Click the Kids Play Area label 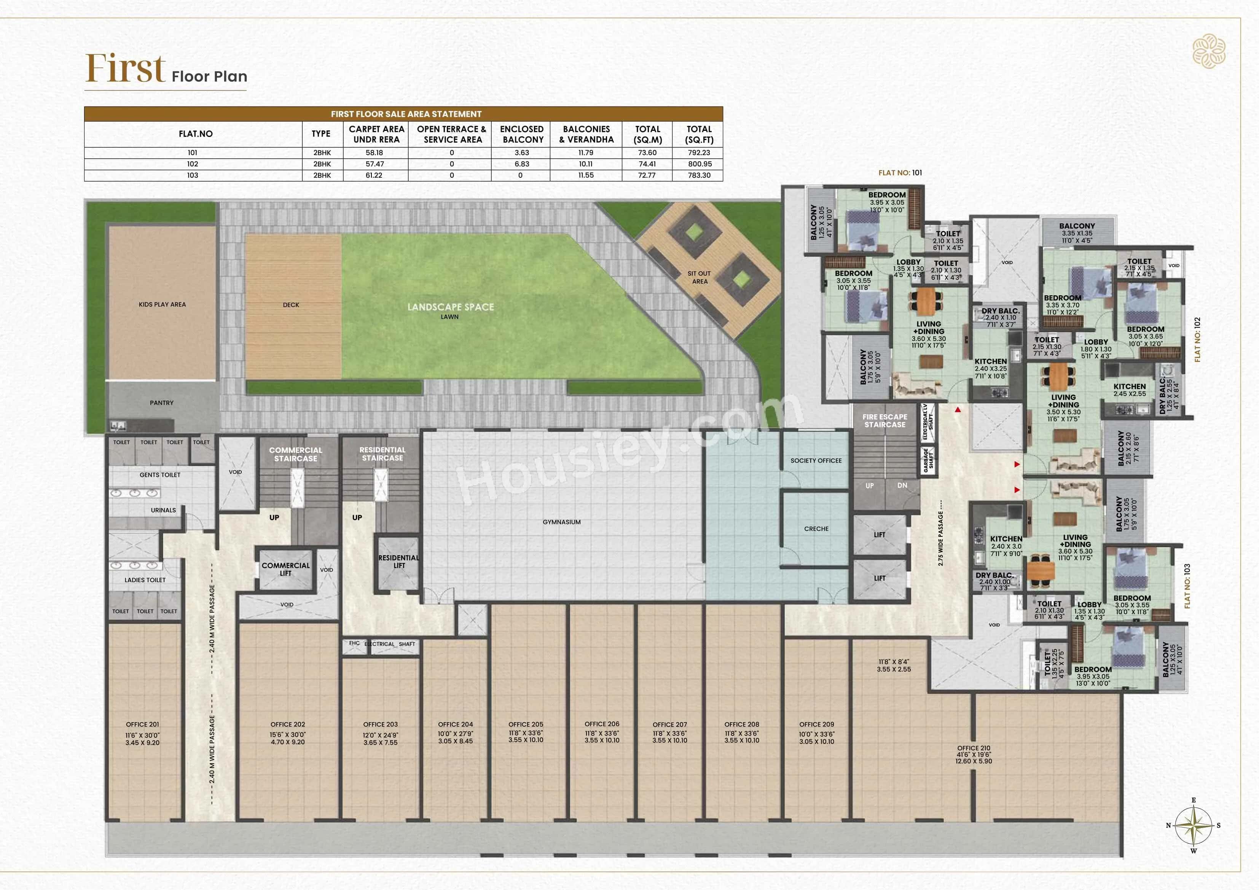[x=162, y=304]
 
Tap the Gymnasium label [x=561, y=522]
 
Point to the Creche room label [x=816, y=529]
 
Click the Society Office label [x=816, y=461]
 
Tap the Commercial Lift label [x=286, y=569]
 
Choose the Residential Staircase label [x=382, y=454]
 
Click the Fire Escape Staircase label [x=884, y=420]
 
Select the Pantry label [x=161, y=403]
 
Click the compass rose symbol [x=1193, y=825]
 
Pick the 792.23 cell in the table [x=699, y=153]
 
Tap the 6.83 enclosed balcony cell [x=521, y=164]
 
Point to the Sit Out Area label [x=699, y=277]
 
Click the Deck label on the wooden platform [x=291, y=305]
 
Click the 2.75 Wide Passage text [x=941, y=539]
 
